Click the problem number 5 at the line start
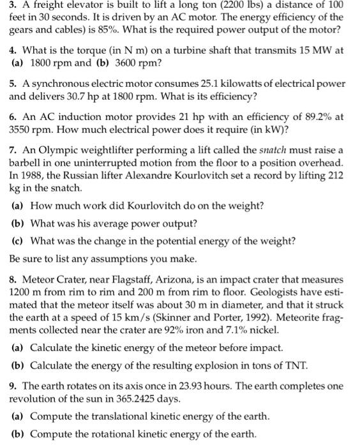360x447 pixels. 13,84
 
